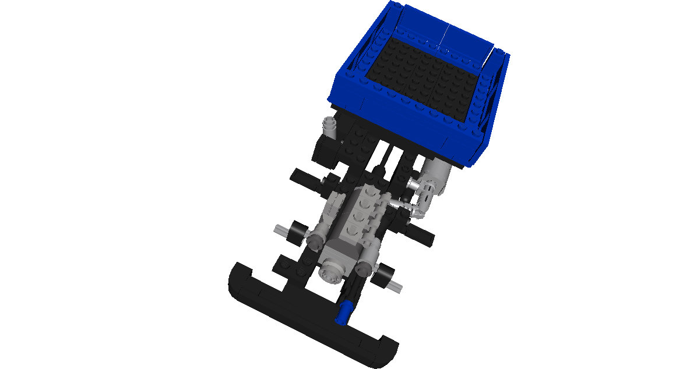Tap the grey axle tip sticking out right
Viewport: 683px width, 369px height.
[399, 285]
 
